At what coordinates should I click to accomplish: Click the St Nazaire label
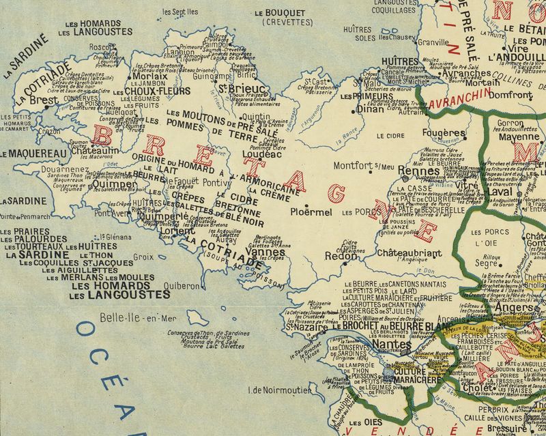[x=308, y=328]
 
